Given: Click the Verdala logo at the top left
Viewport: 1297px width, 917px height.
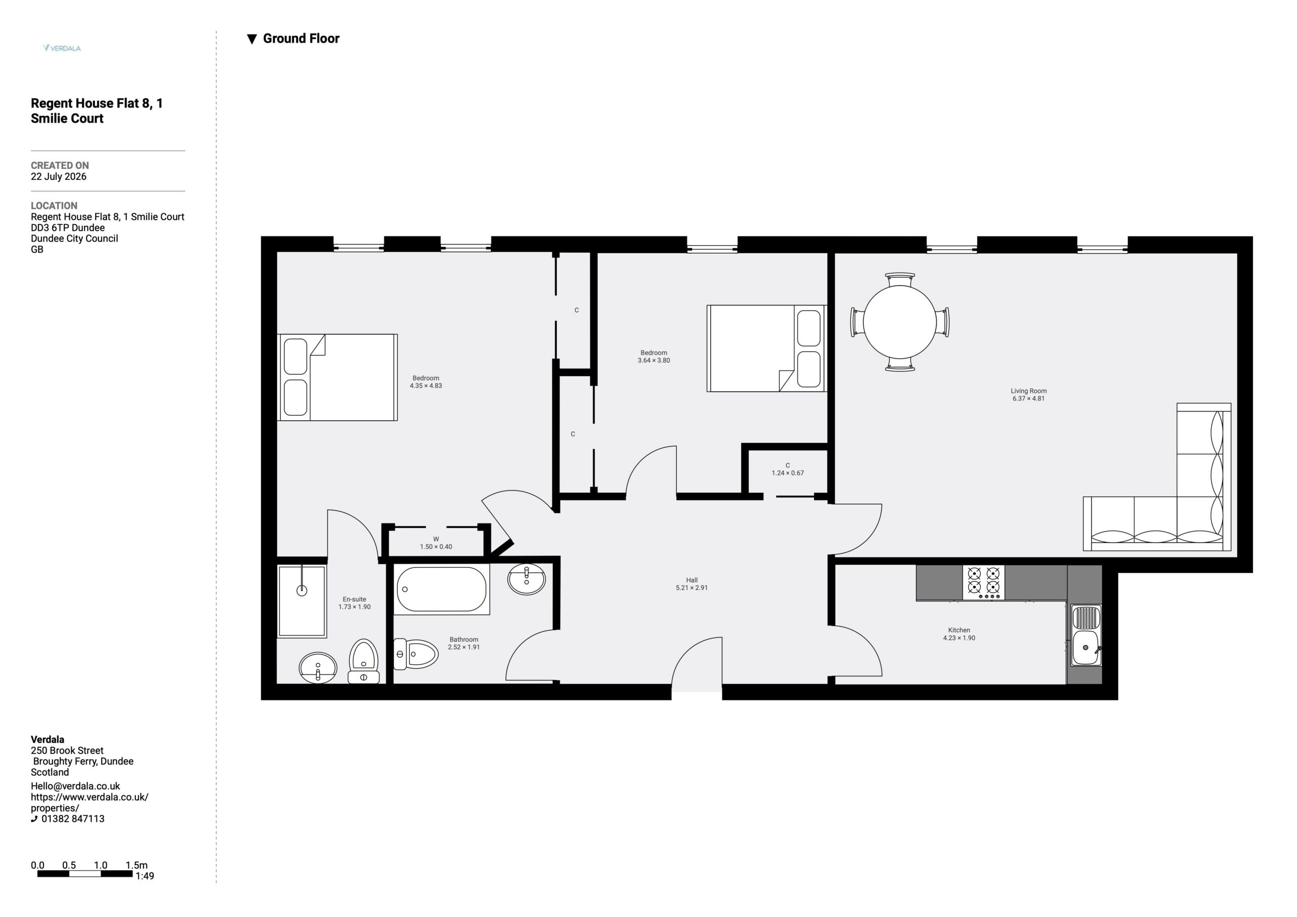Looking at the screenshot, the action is (x=62, y=48).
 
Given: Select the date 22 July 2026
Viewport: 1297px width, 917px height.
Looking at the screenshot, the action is (x=59, y=177).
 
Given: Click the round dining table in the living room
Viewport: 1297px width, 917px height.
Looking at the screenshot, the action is (x=900, y=322).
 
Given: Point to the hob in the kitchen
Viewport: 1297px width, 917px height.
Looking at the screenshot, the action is (x=983, y=582).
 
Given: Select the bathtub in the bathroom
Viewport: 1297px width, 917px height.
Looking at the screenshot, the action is (x=442, y=589).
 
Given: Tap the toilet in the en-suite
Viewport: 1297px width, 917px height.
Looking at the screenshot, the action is (x=363, y=661).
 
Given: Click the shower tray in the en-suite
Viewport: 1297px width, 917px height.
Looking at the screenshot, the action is (x=301, y=602).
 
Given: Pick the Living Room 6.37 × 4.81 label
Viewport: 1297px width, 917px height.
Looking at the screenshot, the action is (x=1028, y=394).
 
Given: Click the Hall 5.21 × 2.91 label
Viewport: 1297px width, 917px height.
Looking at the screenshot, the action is (x=692, y=584).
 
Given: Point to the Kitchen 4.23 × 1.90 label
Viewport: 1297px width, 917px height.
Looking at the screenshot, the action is (x=959, y=634).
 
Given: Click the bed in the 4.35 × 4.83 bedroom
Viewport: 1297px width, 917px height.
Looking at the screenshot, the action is (x=337, y=377).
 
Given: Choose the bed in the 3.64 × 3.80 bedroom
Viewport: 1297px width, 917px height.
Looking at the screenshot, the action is (x=767, y=348).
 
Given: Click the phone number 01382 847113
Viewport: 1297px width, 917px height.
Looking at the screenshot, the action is (x=73, y=819).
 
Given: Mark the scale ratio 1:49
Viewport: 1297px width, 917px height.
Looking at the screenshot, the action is (x=144, y=876).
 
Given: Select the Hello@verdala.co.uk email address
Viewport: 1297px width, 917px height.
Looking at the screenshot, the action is (x=75, y=786).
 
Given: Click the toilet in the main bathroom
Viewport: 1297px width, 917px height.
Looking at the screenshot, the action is (x=415, y=654).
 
